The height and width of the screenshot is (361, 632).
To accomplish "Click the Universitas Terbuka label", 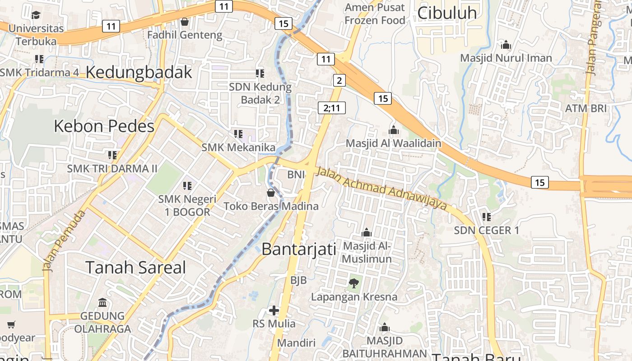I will (x=36, y=35).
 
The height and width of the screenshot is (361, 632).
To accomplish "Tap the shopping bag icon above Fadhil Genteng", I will (x=184, y=22).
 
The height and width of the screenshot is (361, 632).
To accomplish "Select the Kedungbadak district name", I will (x=139, y=72).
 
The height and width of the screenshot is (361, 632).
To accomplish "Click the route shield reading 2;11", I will (x=332, y=108).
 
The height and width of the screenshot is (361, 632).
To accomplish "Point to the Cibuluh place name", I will (x=447, y=13).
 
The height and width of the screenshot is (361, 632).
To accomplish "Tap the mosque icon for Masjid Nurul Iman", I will (x=506, y=45).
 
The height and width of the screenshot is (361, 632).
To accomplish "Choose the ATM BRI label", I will (x=586, y=108).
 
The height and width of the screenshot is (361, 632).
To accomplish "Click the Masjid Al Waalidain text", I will (x=393, y=143).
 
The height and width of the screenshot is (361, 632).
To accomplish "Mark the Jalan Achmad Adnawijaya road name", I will (x=382, y=189).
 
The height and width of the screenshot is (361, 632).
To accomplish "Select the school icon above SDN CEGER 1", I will (x=486, y=217).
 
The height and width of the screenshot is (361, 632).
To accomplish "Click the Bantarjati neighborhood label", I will (x=299, y=249).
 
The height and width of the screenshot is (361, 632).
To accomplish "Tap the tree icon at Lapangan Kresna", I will (x=353, y=283).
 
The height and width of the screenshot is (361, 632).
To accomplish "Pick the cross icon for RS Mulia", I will (x=274, y=310).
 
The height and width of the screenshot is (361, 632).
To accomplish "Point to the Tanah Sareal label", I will (x=135, y=268).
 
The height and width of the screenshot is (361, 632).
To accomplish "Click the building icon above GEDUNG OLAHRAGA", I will (x=102, y=302).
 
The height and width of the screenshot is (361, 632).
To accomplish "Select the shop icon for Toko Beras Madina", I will (x=271, y=193).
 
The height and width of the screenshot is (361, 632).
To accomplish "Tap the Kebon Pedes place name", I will (x=104, y=126).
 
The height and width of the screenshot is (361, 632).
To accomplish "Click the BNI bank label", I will (x=296, y=174).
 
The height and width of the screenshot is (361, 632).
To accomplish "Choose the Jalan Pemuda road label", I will (x=65, y=241).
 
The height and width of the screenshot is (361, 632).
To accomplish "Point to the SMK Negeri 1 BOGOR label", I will (x=187, y=205).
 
